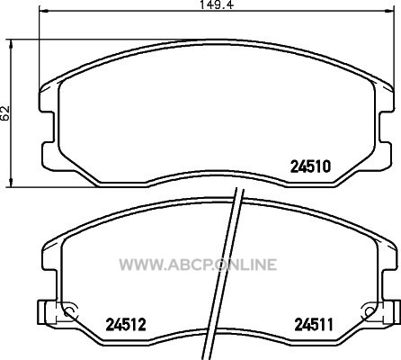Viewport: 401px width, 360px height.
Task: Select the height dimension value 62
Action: tap(5, 113)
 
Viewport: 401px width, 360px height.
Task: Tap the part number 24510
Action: tap(310, 166)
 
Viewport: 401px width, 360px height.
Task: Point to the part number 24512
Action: tap(126, 325)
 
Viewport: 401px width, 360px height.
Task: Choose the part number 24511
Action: tap(314, 325)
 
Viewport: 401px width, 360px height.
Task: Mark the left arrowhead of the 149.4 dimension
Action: tap(43, 11)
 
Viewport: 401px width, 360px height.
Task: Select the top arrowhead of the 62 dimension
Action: tap(11, 44)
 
